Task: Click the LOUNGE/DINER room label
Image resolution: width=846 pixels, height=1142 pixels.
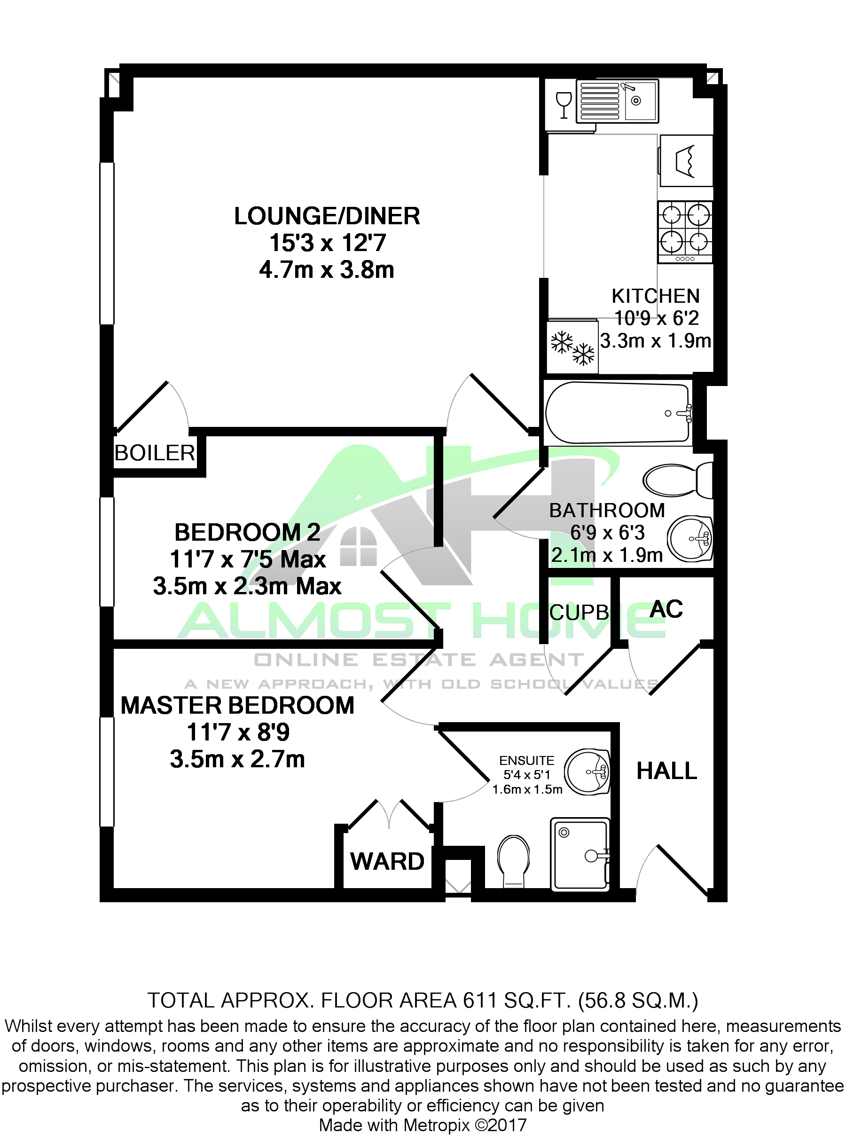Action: (x=327, y=216)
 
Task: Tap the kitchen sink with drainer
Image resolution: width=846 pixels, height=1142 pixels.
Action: (x=617, y=101)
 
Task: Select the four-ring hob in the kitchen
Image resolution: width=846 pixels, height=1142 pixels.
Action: (x=685, y=232)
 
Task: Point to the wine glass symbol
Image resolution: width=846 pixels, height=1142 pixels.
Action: (x=564, y=104)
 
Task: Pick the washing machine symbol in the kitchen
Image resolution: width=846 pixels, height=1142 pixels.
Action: (x=686, y=160)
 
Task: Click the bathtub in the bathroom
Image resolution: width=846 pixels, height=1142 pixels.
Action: (x=617, y=413)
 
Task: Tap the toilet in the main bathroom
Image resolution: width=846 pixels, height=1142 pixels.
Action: (x=676, y=480)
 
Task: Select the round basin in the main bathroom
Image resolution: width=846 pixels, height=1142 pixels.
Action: (x=690, y=538)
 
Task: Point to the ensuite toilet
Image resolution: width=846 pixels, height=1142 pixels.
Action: (x=514, y=861)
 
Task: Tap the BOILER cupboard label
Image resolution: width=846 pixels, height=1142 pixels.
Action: (x=155, y=453)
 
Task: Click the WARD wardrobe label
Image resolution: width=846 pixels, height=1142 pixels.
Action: (x=387, y=861)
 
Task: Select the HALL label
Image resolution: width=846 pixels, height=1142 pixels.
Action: (x=666, y=771)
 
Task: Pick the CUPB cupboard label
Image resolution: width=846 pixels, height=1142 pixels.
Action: (x=579, y=612)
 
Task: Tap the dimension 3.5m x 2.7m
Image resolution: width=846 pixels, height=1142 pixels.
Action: (x=237, y=759)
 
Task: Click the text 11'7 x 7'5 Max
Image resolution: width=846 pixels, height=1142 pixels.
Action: (x=247, y=559)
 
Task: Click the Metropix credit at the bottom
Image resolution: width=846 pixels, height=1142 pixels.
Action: (x=423, y=1125)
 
